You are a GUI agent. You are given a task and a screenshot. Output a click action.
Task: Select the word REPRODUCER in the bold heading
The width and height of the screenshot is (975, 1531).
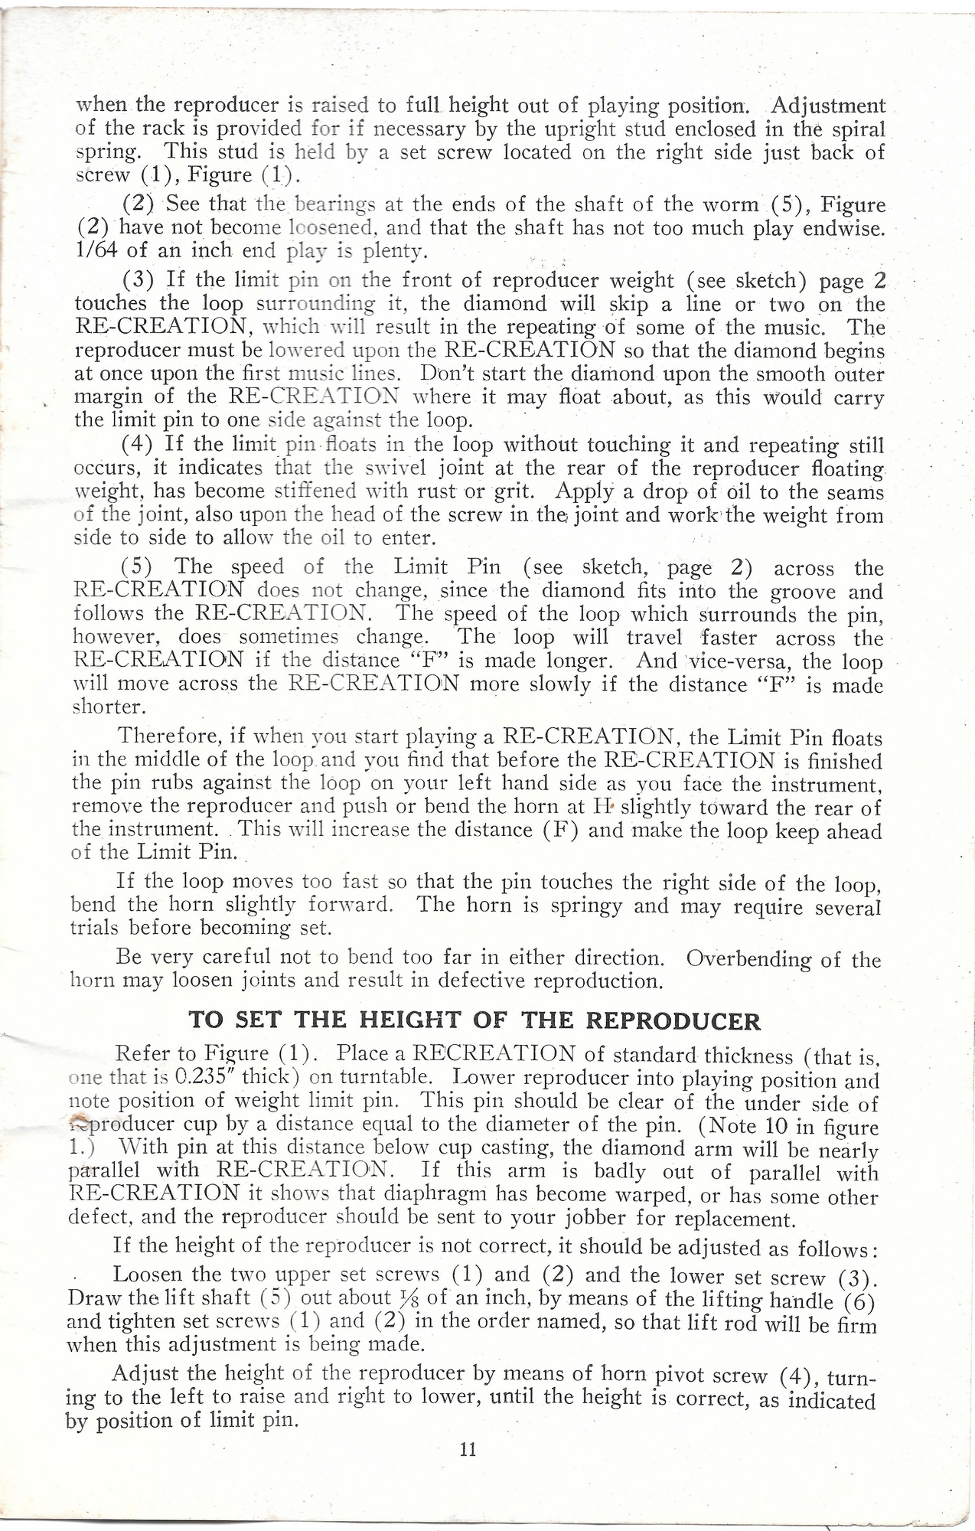coord(673,1021)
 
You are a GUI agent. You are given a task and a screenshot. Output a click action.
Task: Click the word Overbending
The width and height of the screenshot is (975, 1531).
coord(747,959)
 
